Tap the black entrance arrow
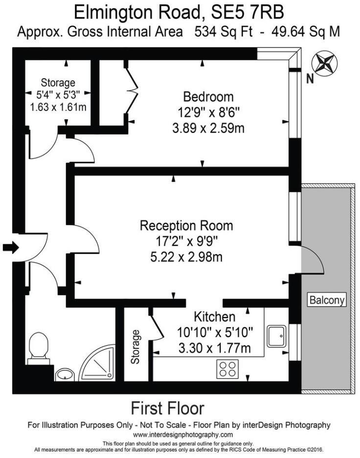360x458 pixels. pyautogui.click(x=10, y=248)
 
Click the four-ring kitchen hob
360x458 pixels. pyautogui.click(x=228, y=368)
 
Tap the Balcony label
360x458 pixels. pyautogui.click(x=327, y=300)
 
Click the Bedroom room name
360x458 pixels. pyautogui.click(x=208, y=96)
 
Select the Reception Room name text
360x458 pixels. pyautogui.click(x=186, y=226)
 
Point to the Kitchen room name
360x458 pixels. pyautogui.click(x=215, y=316)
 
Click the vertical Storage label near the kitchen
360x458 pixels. pyautogui.click(x=135, y=347)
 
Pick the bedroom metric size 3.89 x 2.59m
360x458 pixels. pyautogui.click(x=208, y=128)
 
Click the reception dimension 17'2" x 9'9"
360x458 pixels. pyautogui.click(x=186, y=241)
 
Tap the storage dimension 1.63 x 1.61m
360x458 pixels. pyautogui.click(x=58, y=106)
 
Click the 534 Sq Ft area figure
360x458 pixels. pyautogui.click(x=223, y=32)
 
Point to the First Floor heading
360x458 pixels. pyautogui.click(x=167, y=408)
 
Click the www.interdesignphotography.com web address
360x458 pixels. pyautogui.click(x=183, y=435)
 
